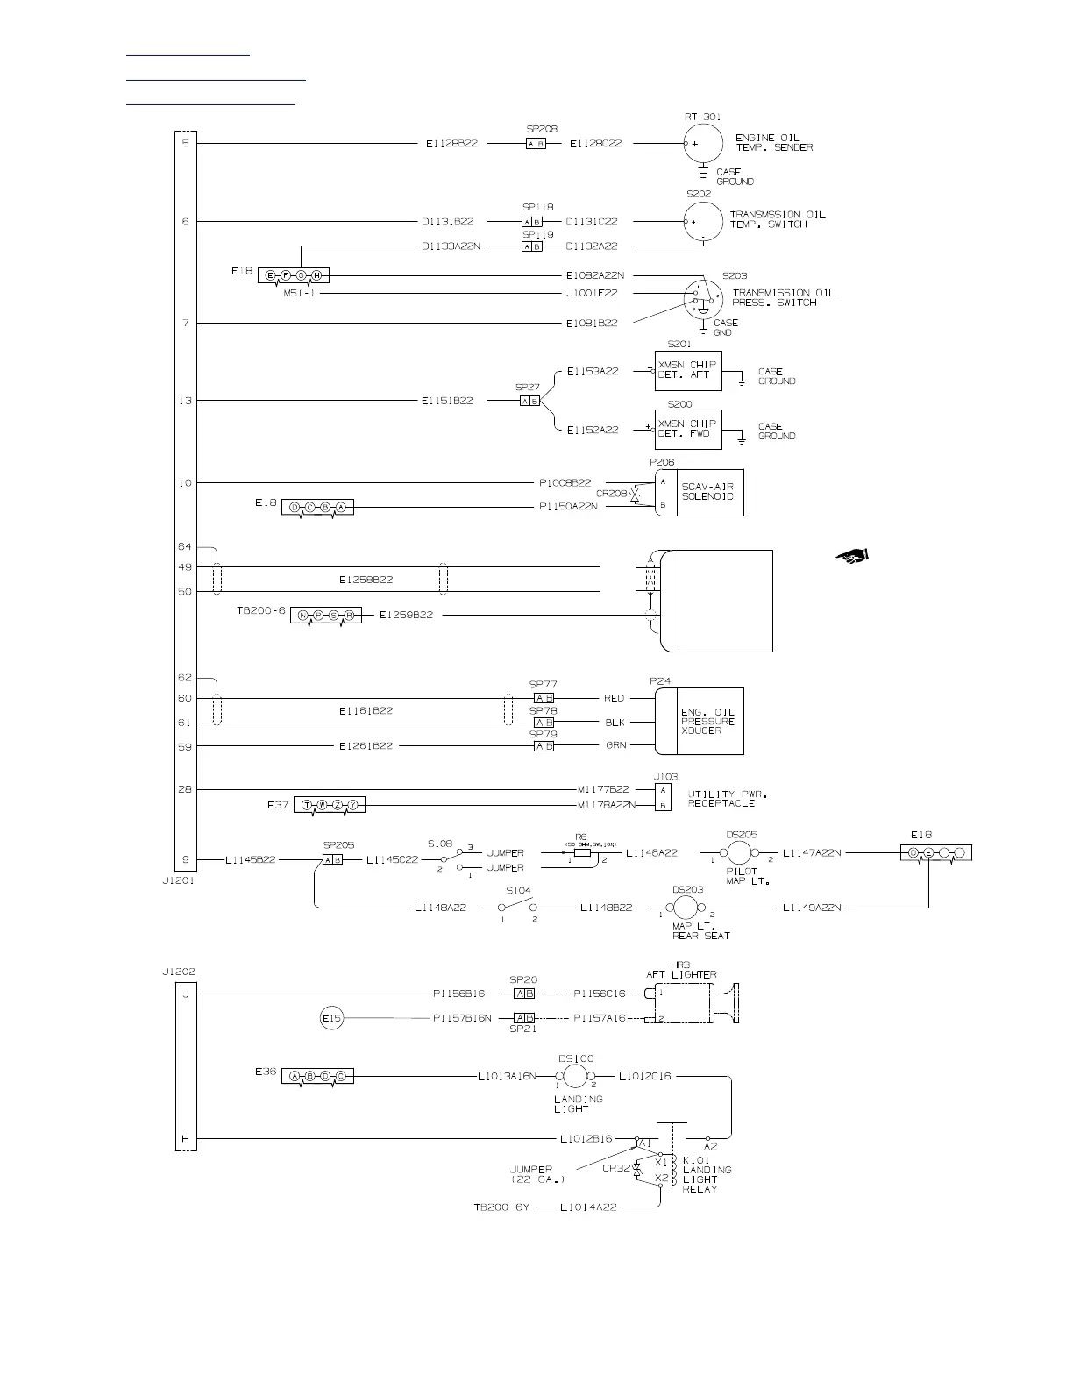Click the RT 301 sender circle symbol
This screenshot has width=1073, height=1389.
703,143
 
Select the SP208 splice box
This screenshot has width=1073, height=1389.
536,144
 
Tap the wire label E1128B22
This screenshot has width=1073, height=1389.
451,144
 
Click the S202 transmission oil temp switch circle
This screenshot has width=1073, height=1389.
703,221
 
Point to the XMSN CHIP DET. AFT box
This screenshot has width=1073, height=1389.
688,370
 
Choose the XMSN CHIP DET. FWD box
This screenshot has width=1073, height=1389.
688,430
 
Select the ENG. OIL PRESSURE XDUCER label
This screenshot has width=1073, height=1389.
709,721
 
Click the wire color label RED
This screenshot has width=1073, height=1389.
614,698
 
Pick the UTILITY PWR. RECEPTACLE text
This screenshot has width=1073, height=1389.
721,798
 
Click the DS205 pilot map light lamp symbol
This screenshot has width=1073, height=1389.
740,852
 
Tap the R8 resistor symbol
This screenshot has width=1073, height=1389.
581,851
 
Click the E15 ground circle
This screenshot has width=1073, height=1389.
331,1018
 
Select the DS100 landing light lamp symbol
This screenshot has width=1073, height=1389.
574,1076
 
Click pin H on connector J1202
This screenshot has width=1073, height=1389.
186,1139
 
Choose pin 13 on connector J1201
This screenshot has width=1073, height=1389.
186,401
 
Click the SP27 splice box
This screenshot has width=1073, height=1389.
529,401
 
